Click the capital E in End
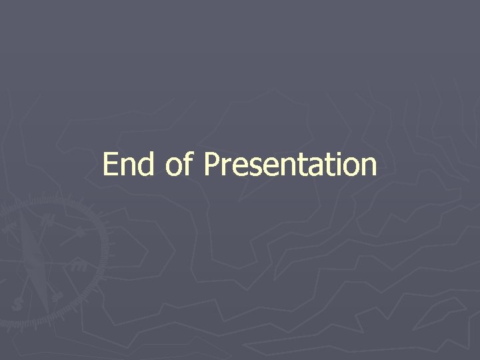pyautogui.click(x=111, y=165)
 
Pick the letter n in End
pyautogui.click(x=129, y=167)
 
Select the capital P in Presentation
pyautogui.click(x=213, y=165)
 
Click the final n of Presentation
pyautogui.click(x=368, y=167)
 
